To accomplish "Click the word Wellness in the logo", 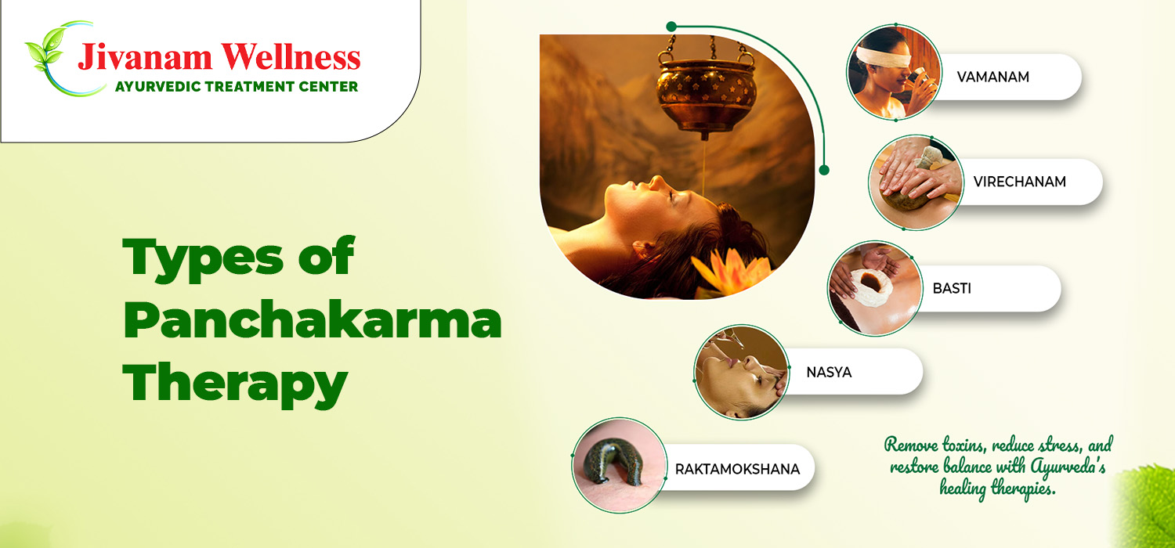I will click(x=287, y=57).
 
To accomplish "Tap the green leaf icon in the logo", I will click(x=45, y=54).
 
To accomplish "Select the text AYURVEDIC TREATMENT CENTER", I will click(x=237, y=87).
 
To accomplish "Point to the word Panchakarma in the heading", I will click(x=312, y=322).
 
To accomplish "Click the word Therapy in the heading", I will click(x=235, y=384).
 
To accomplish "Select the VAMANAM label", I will click(x=992, y=77).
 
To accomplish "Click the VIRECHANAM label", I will click(x=1019, y=182).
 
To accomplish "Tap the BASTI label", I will click(x=952, y=288).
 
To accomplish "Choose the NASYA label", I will click(x=829, y=372).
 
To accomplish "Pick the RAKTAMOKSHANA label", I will click(x=737, y=469).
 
